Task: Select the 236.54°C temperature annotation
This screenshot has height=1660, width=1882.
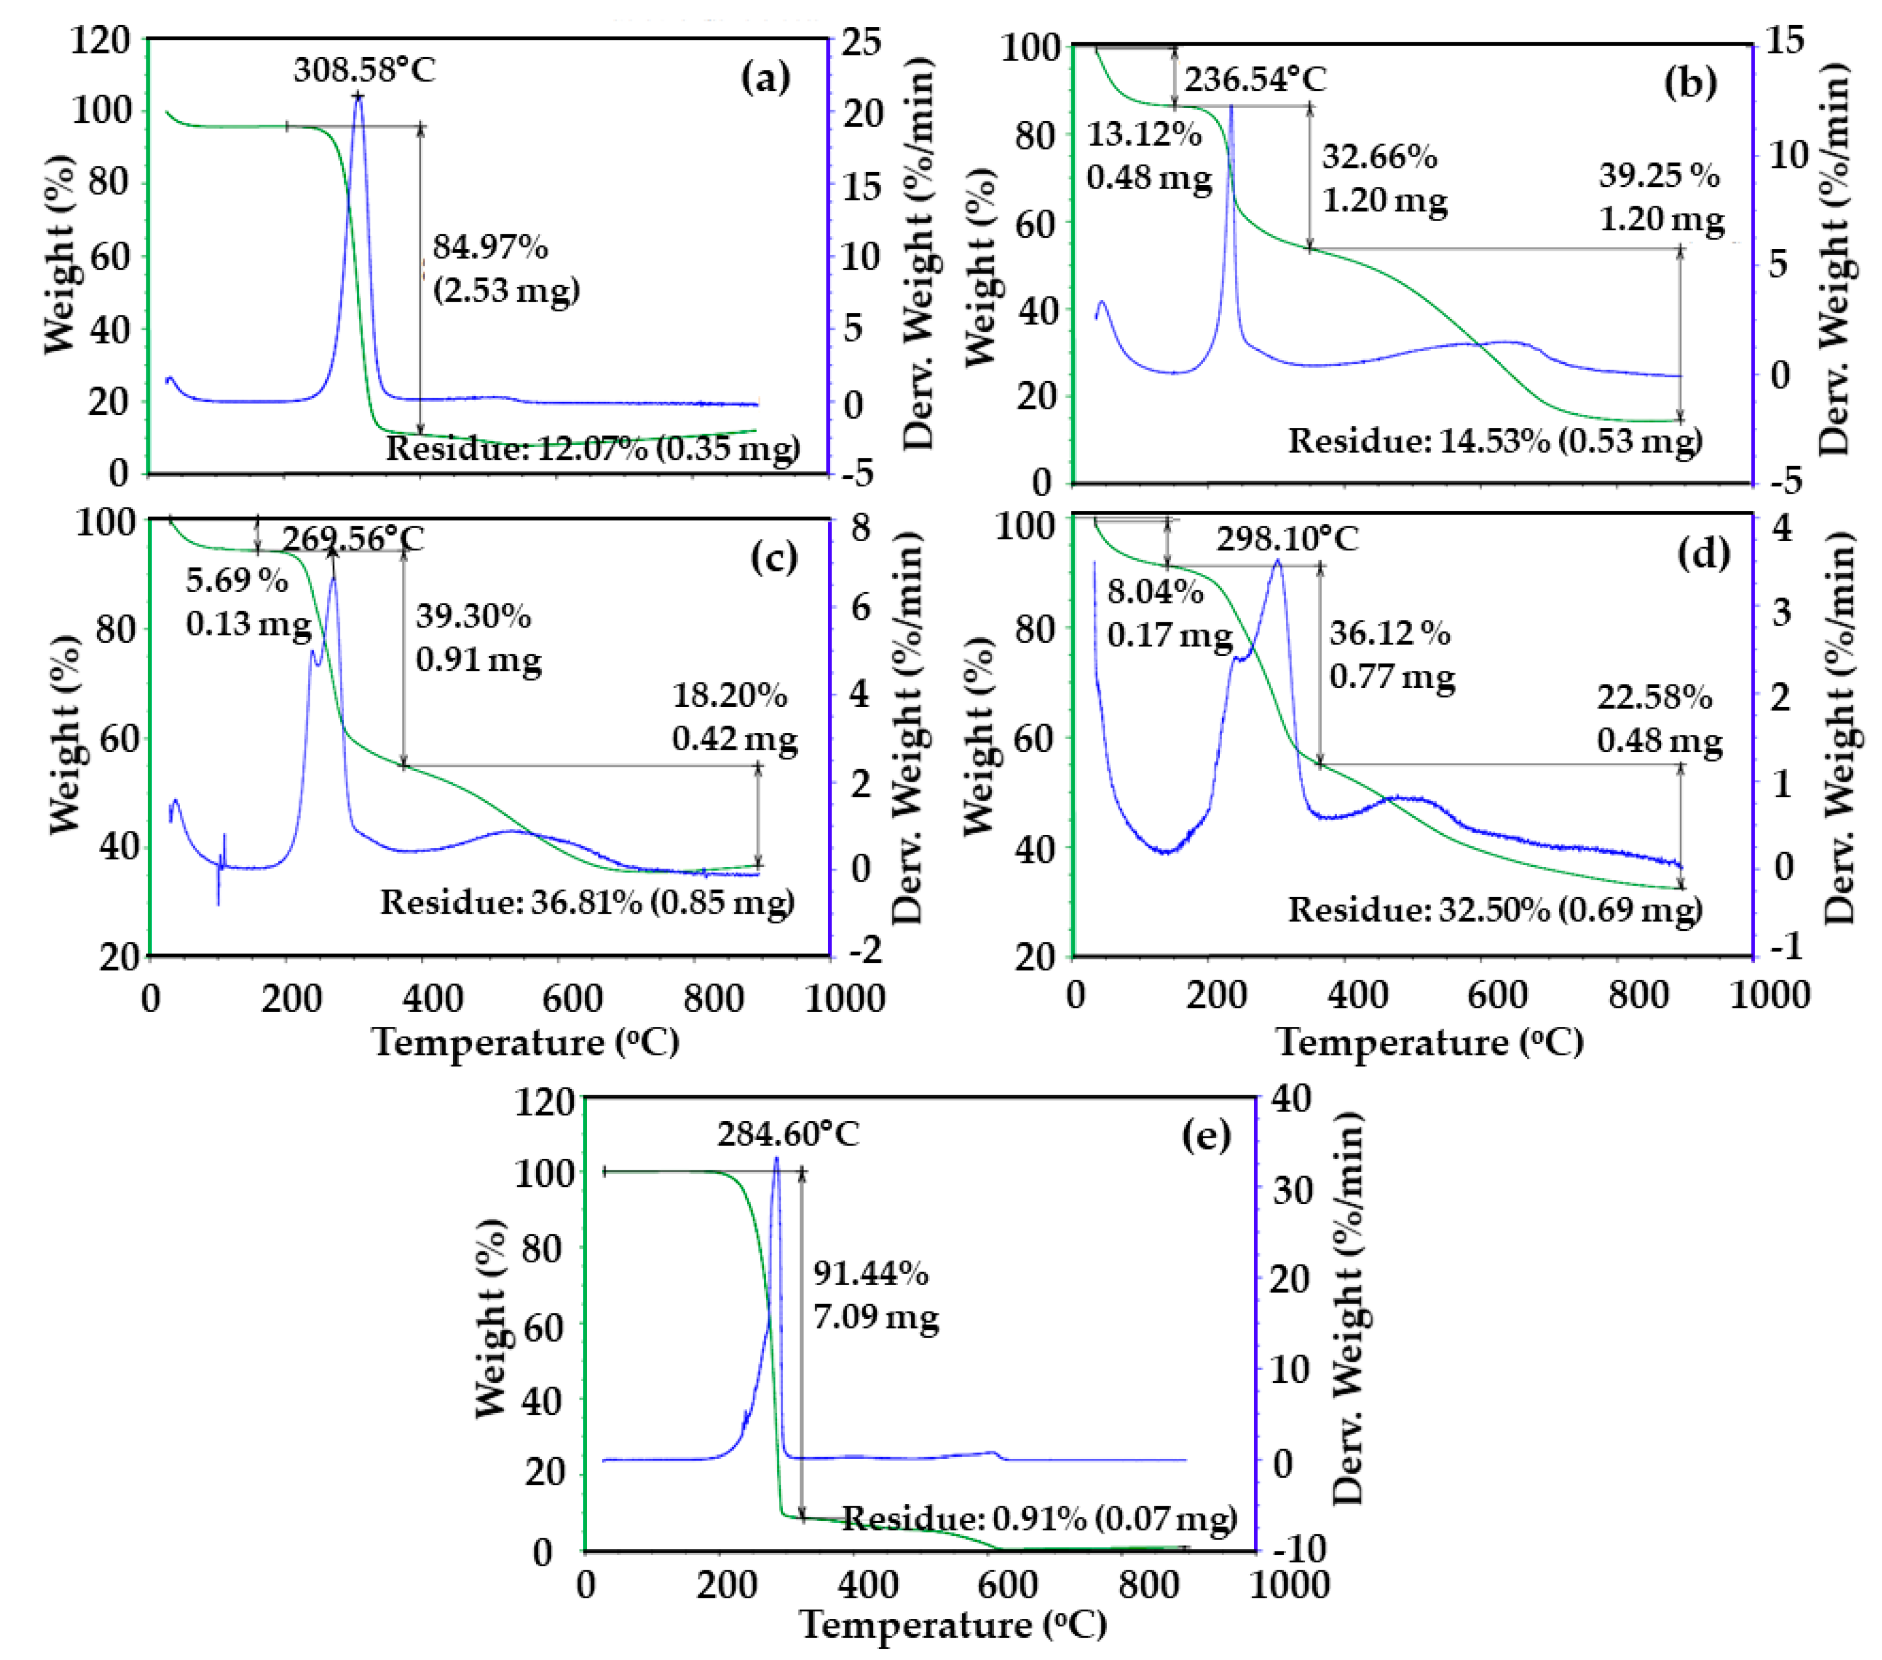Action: [x=1255, y=80]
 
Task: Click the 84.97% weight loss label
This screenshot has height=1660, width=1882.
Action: [x=490, y=247]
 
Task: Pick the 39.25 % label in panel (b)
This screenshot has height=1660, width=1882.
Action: [x=1659, y=175]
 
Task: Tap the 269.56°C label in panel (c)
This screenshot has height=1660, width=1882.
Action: [x=353, y=539]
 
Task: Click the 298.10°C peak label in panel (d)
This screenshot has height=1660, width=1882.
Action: [x=1286, y=539]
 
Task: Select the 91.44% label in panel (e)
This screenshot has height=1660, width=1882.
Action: [x=870, y=1273]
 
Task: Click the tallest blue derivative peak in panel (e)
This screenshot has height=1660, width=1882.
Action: [x=776, y=1162]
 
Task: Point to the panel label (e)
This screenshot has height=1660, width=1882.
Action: [x=1205, y=1135]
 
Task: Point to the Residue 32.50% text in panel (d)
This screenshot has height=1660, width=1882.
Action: [x=1495, y=910]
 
